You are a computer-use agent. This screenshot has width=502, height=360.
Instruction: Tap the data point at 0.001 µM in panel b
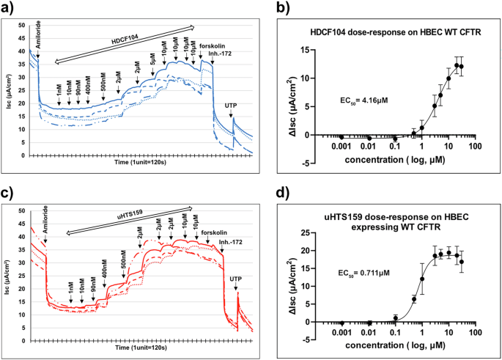[342, 136]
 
